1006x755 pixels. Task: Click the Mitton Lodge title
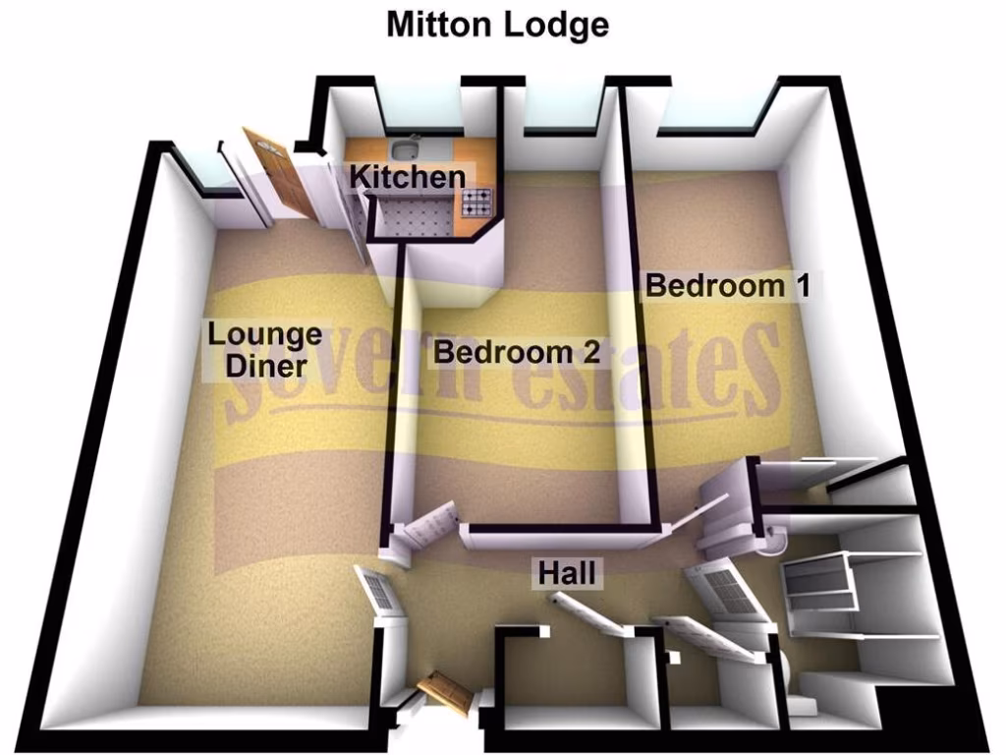497,24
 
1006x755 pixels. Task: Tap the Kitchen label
408,178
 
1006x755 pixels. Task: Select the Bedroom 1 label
728,287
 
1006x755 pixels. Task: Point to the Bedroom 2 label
517,352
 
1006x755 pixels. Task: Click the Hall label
567,572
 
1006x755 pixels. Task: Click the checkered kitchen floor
413,222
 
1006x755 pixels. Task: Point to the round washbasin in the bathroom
777,538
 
